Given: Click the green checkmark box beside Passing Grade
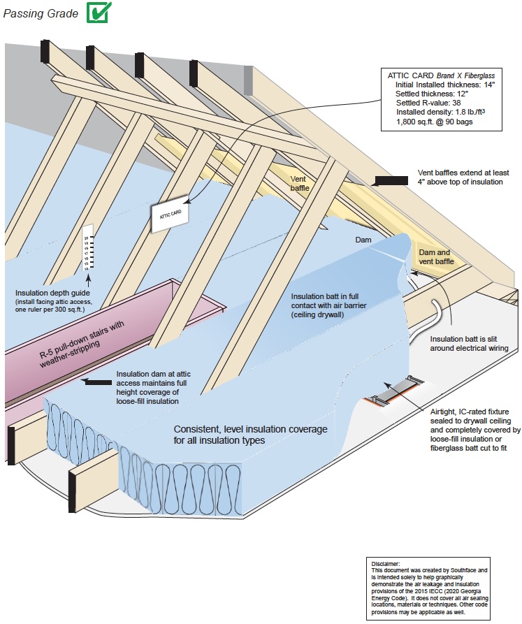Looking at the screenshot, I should (x=98, y=12).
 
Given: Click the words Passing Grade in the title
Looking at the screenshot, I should (x=41, y=13).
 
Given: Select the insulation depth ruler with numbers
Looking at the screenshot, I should (x=87, y=248).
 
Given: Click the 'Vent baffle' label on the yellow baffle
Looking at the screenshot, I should (x=302, y=183).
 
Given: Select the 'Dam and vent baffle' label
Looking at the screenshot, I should (x=435, y=257).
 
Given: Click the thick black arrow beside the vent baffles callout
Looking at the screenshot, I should (x=390, y=181).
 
